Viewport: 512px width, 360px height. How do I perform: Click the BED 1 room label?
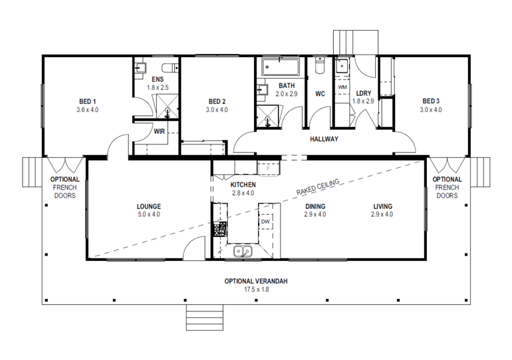coord(87,101)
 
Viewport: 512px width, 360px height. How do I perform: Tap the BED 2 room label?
coord(217,101)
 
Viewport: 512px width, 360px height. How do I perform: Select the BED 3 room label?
coord(431,101)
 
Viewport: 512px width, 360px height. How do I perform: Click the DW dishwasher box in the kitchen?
coord(265,221)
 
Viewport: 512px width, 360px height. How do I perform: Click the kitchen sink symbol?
coord(242,252)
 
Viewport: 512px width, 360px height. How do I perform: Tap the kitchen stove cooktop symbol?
coord(219,230)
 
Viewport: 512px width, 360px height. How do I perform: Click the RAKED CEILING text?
coord(320,187)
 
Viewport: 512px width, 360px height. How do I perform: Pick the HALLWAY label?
coord(324,140)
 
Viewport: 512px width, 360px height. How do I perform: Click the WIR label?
coord(159,131)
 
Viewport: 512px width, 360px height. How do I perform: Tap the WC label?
coord(319,94)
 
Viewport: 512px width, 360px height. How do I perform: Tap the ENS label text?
coord(158,79)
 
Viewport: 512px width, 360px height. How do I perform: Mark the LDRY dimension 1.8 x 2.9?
coord(363,101)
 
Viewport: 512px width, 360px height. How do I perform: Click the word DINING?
coord(315,206)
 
